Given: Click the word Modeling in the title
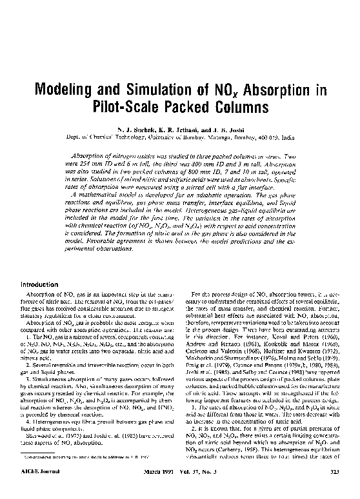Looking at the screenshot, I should [x=66, y=88].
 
